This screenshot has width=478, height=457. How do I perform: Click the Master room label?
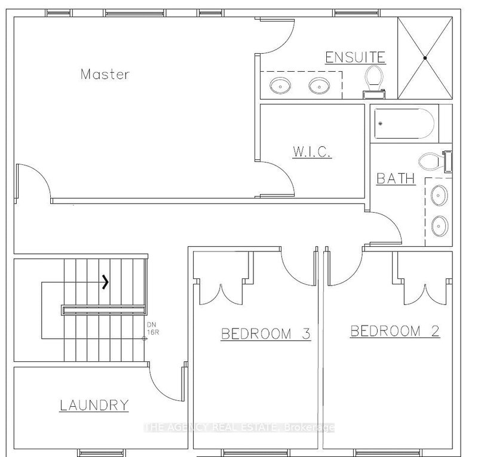click(105, 75)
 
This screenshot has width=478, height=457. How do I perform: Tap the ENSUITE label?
click(354, 57)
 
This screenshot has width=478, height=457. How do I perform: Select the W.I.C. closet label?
click(311, 154)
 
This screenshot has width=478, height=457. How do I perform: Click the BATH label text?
click(396, 179)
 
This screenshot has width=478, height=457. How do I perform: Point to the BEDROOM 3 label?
click(266, 333)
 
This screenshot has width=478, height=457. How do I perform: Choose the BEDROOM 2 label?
click(395, 331)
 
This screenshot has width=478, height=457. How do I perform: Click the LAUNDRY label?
click(94, 405)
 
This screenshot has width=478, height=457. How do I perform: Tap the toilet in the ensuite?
click(375, 81)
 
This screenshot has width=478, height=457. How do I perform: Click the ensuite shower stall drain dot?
click(425, 58)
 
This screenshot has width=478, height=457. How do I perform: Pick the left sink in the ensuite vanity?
click(278, 85)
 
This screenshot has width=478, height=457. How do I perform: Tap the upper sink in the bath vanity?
click(439, 194)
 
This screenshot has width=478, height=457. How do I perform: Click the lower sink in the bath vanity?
click(439, 225)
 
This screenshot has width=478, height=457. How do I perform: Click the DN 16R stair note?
click(152, 329)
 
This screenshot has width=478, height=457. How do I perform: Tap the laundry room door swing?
click(164, 382)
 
